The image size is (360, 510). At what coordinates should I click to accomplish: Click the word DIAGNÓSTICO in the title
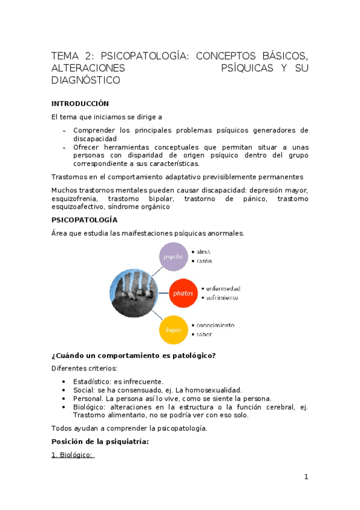click(85, 80)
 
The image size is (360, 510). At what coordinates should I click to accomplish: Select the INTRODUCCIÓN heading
click(80, 103)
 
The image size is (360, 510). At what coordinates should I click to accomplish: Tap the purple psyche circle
click(174, 257)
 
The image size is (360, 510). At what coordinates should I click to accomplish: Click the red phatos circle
click(183, 293)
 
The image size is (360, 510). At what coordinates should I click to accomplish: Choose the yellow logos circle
click(173, 329)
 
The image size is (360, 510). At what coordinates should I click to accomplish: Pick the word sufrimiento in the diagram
click(221, 298)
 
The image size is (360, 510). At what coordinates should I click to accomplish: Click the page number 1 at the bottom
click(306, 477)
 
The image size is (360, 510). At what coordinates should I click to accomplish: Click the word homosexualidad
click(214, 390)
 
